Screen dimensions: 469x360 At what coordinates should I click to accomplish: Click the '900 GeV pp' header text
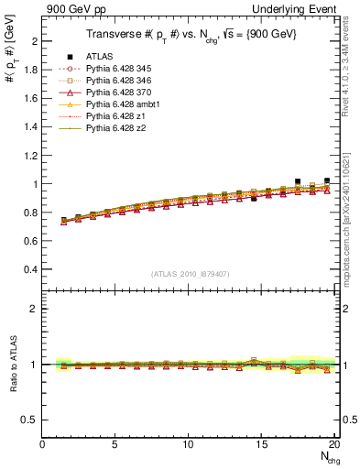coord(71,8)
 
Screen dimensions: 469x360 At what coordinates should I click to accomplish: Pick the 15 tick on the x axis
coord(261,444)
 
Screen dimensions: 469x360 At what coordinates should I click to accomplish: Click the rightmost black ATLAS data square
coord(327,181)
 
